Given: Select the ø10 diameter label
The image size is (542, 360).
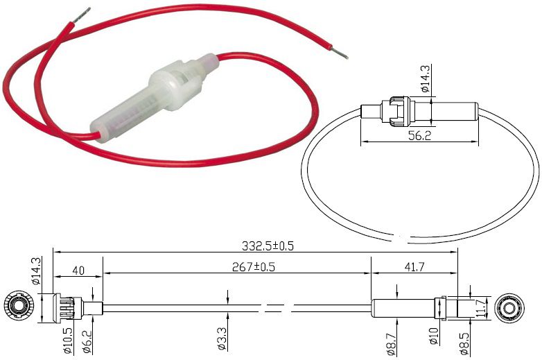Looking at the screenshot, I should click(435, 337).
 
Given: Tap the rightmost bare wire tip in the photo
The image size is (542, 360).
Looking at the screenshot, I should click(340, 53).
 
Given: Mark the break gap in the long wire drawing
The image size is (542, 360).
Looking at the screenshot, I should click(274, 306).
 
